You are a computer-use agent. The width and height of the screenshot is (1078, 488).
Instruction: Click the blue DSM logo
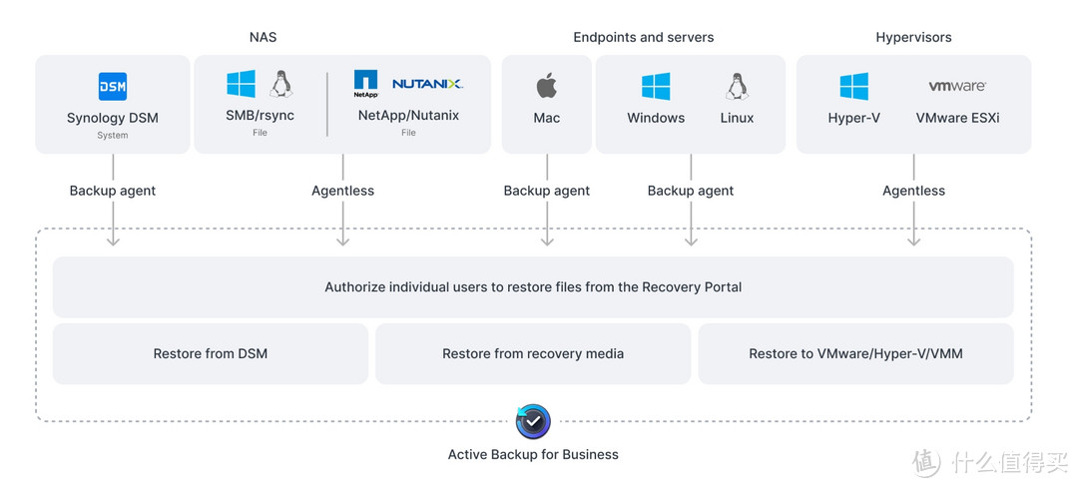pyautogui.click(x=113, y=87)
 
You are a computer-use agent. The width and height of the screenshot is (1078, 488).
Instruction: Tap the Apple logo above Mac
pyautogui.click(x=547, y=86)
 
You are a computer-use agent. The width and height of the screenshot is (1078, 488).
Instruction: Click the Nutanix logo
pyautogui.click(x=427, y=84)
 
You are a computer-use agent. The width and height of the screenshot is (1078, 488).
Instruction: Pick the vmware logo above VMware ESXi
pyautogui.click(x=957, y=87)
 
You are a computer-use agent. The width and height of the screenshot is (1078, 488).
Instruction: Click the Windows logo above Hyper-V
pyautogui.click(x=853, y=87)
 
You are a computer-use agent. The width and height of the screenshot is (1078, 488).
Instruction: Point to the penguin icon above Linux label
pyautogui.click(x=737, y=87)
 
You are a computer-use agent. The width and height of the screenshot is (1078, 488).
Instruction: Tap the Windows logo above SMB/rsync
pyautogui.click(x=241, y=84)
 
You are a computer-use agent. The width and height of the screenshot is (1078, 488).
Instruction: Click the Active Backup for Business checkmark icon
pyautogui.click(x=533, y=421)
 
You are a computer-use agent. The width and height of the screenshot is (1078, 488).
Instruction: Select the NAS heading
pyautogui.click(x=264, y=37)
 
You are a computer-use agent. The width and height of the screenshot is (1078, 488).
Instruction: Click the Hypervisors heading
pyautogui.click(x=913, y=37)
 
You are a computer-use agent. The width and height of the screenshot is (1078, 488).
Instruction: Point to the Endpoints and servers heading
pyautogui.click(x=644, y=37)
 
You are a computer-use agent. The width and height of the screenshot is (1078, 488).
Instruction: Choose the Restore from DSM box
pyautogui.click(x=211, y=353)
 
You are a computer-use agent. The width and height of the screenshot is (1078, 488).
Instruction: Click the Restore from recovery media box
pyautogui.click(x=533, y=353)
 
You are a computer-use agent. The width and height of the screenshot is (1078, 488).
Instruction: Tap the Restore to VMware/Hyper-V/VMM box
pyautogui.click(x=855, y=353)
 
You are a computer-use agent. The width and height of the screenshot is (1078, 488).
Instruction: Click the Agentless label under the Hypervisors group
pyautogui.click(x=913, y=191)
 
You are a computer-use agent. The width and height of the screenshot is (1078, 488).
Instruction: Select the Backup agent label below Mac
pyautogui.click(x=547, y=191)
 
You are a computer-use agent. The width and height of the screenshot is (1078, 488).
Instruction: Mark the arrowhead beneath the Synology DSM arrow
pyautogui.click(x=113, y=241)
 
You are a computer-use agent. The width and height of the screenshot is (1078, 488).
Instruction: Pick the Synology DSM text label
pyautogui.click(x=113, y=118)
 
